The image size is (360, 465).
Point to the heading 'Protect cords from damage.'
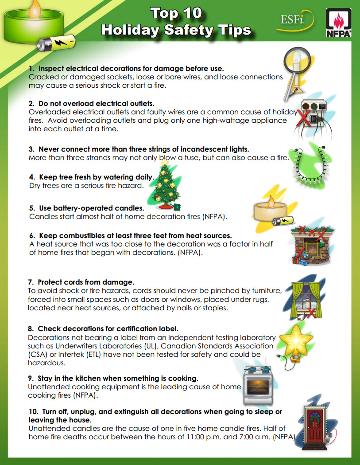pyautogui.click(x=86, y=282)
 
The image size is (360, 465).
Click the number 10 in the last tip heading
pyautogui.click(x=33, y=412)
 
